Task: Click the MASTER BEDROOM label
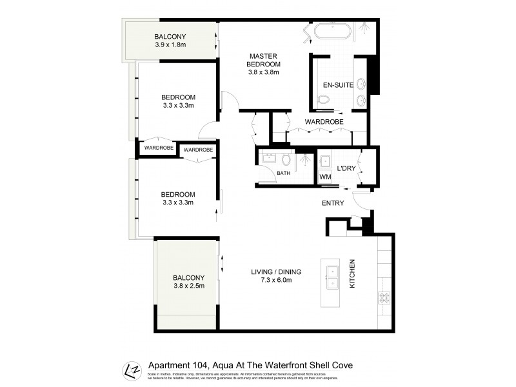click(264, 60)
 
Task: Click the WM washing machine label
click(325, 177)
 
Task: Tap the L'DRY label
click(347, 167)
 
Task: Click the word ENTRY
click(333, 203)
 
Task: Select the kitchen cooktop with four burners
click(384, 297)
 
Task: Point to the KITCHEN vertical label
click(352, 273)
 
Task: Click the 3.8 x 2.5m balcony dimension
click(189, 286)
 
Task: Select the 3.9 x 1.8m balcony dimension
click(170, 45)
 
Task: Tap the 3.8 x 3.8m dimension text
click(264, 72)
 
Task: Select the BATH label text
click(284, 173)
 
